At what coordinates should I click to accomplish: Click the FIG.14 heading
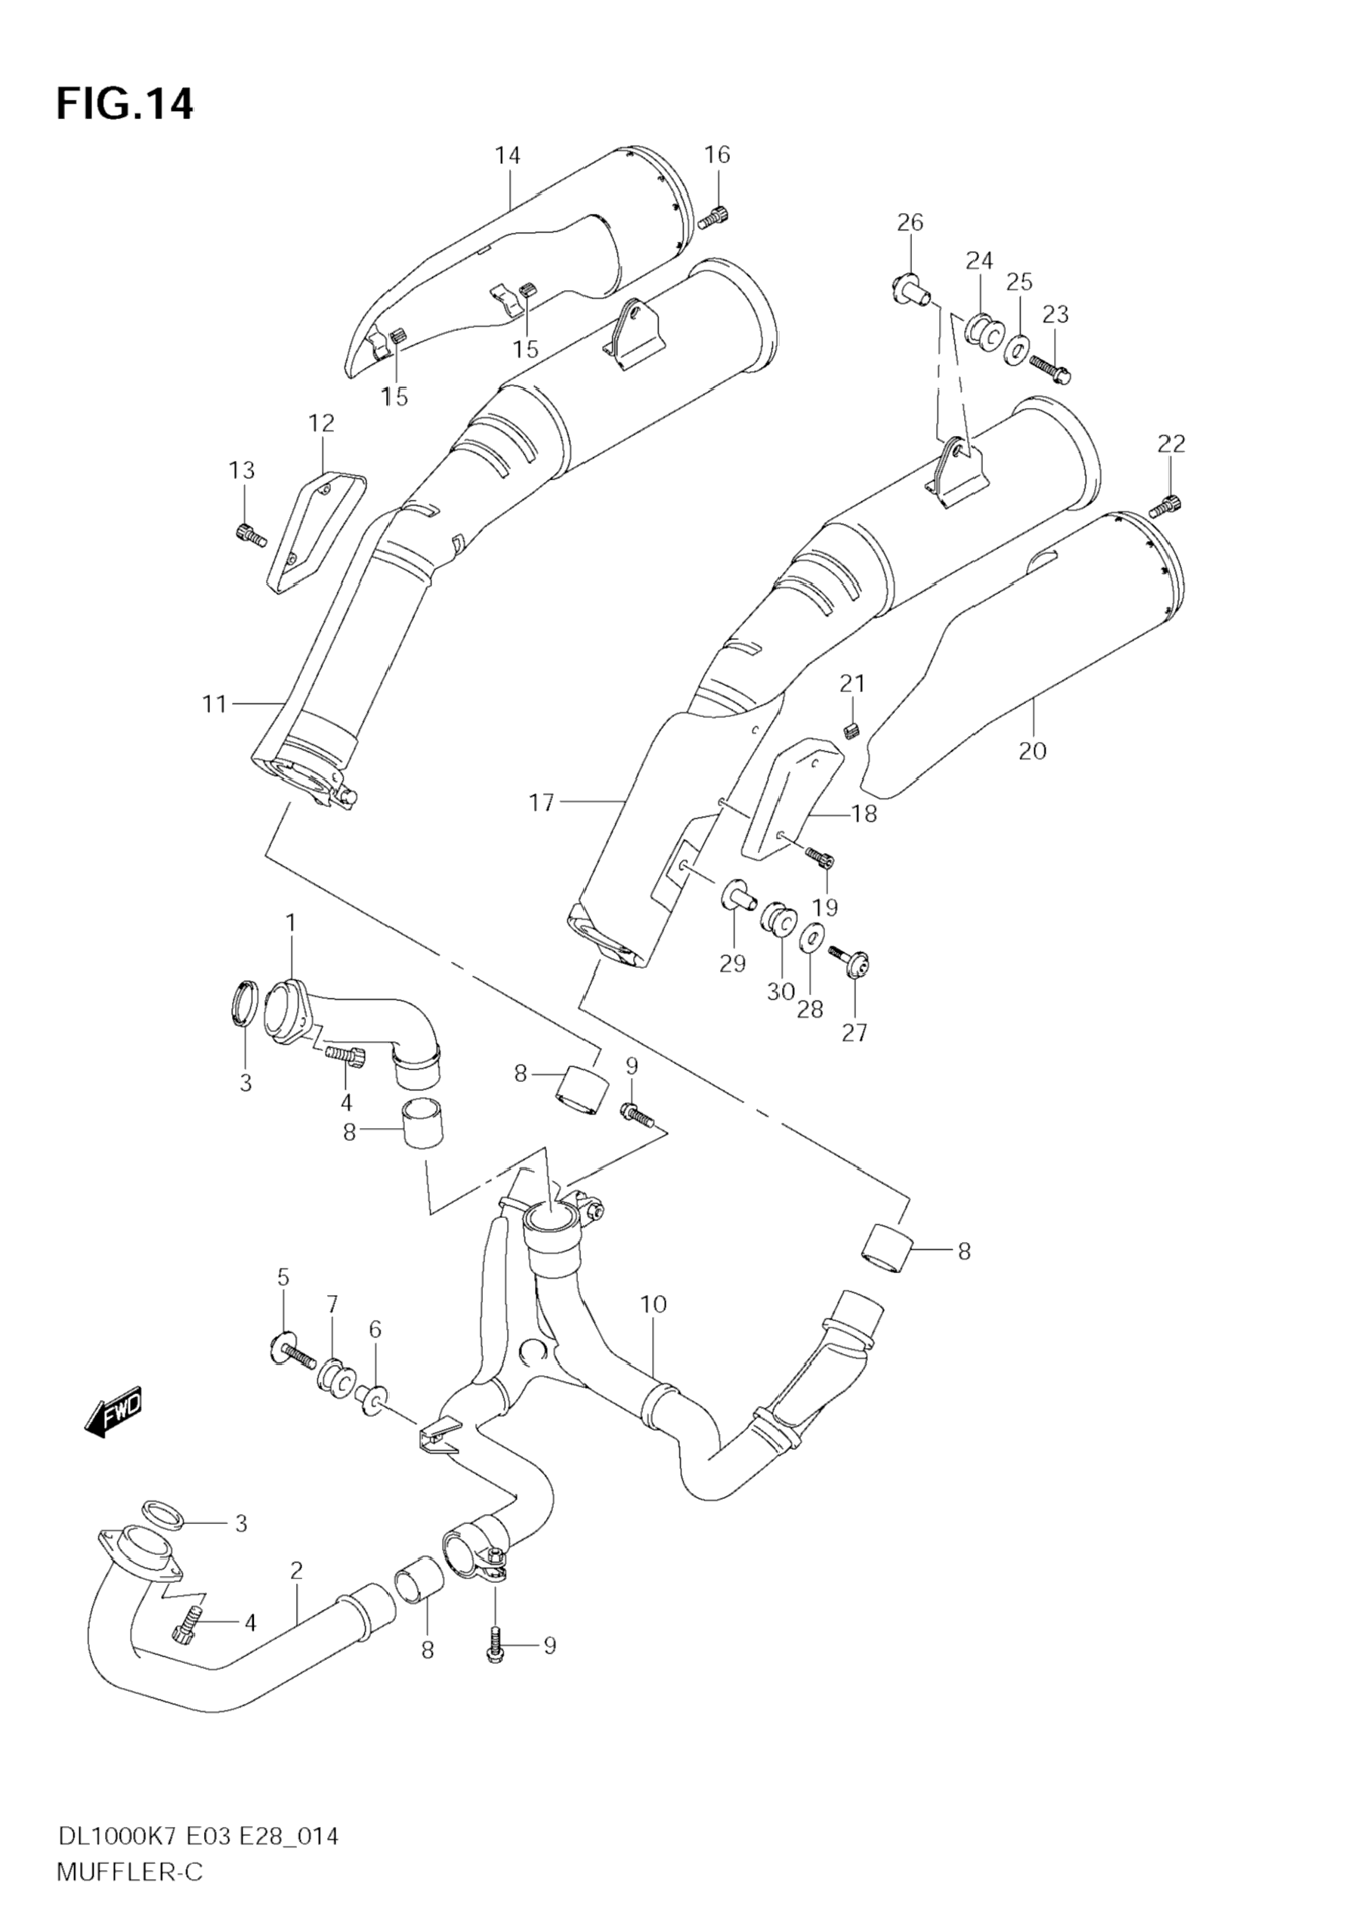[125, 105]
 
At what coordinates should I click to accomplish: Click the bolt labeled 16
[712, 217]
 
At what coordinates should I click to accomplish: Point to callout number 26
[910, 223]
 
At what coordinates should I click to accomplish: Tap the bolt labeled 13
[250, 533]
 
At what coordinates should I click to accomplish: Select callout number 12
[321, 423]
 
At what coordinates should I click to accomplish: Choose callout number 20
[1032, 750]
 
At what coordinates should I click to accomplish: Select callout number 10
[653, 1305]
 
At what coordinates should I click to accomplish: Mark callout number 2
[296, 1571]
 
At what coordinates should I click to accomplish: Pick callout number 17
[542, 804]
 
